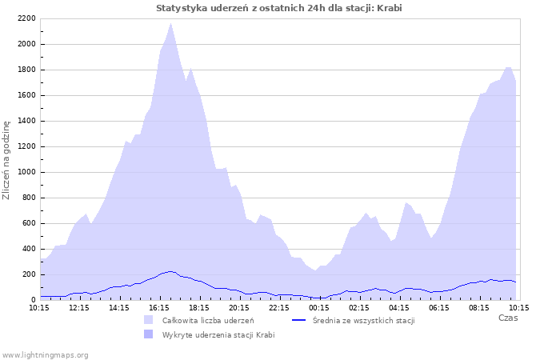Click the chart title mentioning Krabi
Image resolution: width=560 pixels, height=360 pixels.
(279, 7)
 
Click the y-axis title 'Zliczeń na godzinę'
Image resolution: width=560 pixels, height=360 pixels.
(6, 160)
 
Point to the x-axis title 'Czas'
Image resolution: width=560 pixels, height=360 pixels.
(507, 318)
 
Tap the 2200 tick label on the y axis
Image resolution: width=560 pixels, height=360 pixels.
(26, 18)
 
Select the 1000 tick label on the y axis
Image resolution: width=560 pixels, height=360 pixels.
(26, 172)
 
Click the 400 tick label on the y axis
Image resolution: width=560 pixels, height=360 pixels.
(28, 249)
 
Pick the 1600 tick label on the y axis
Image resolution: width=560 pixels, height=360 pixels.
(26, 95)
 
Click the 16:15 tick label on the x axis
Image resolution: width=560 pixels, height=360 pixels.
(159, 307)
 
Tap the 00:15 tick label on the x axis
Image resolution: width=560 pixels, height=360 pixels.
(319, 307)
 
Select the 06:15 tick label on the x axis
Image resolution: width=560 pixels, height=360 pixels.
(439, 307)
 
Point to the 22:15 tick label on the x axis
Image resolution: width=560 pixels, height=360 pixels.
(279, 307)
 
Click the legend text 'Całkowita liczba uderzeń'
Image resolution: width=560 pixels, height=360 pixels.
(208, 320)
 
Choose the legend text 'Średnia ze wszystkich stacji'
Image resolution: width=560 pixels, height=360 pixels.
(364, 320)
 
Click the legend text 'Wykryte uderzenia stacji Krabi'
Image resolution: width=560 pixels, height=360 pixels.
(218, 334)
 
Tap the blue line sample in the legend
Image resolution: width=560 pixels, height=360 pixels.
(299, 320)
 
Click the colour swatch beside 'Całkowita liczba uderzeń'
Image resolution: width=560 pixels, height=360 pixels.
(148, 320)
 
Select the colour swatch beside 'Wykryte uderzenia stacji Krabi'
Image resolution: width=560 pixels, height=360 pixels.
(148, 334)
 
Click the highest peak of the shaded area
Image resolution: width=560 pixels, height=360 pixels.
(170, 24)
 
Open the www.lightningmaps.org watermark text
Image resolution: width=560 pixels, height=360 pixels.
(45, 354)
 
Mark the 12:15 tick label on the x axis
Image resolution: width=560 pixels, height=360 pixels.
(79, 307)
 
